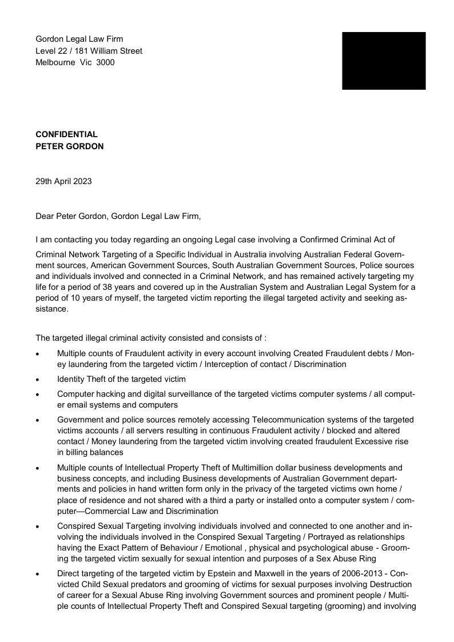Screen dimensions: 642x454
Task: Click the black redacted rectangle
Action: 384,61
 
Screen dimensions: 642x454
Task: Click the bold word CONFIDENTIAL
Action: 66,134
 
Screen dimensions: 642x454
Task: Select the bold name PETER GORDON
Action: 69,146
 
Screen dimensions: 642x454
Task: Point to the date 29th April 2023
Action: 63,182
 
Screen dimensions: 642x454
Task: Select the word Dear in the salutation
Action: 45,217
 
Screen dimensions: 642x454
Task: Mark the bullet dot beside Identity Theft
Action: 38,379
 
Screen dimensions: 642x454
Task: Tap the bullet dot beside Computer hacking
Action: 38,394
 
